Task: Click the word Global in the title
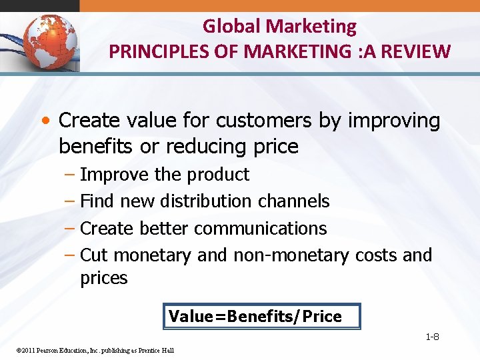[x=231, y=27]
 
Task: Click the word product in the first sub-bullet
[x=218, y=175]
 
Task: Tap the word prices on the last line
[x=103, y=278]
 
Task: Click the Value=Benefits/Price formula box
[x=261, y=317]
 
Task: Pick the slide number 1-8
[x=432, y=337]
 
